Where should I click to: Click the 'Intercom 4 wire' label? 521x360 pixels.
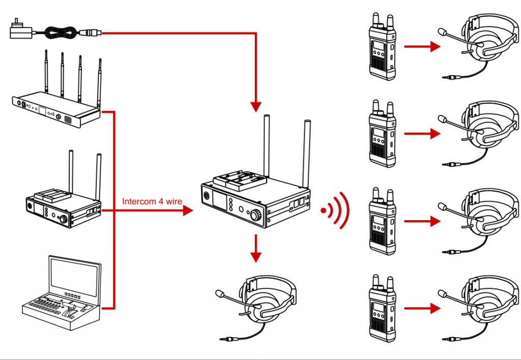[x=152, y=201]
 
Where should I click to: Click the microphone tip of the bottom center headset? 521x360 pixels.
[x=220, y=294]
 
